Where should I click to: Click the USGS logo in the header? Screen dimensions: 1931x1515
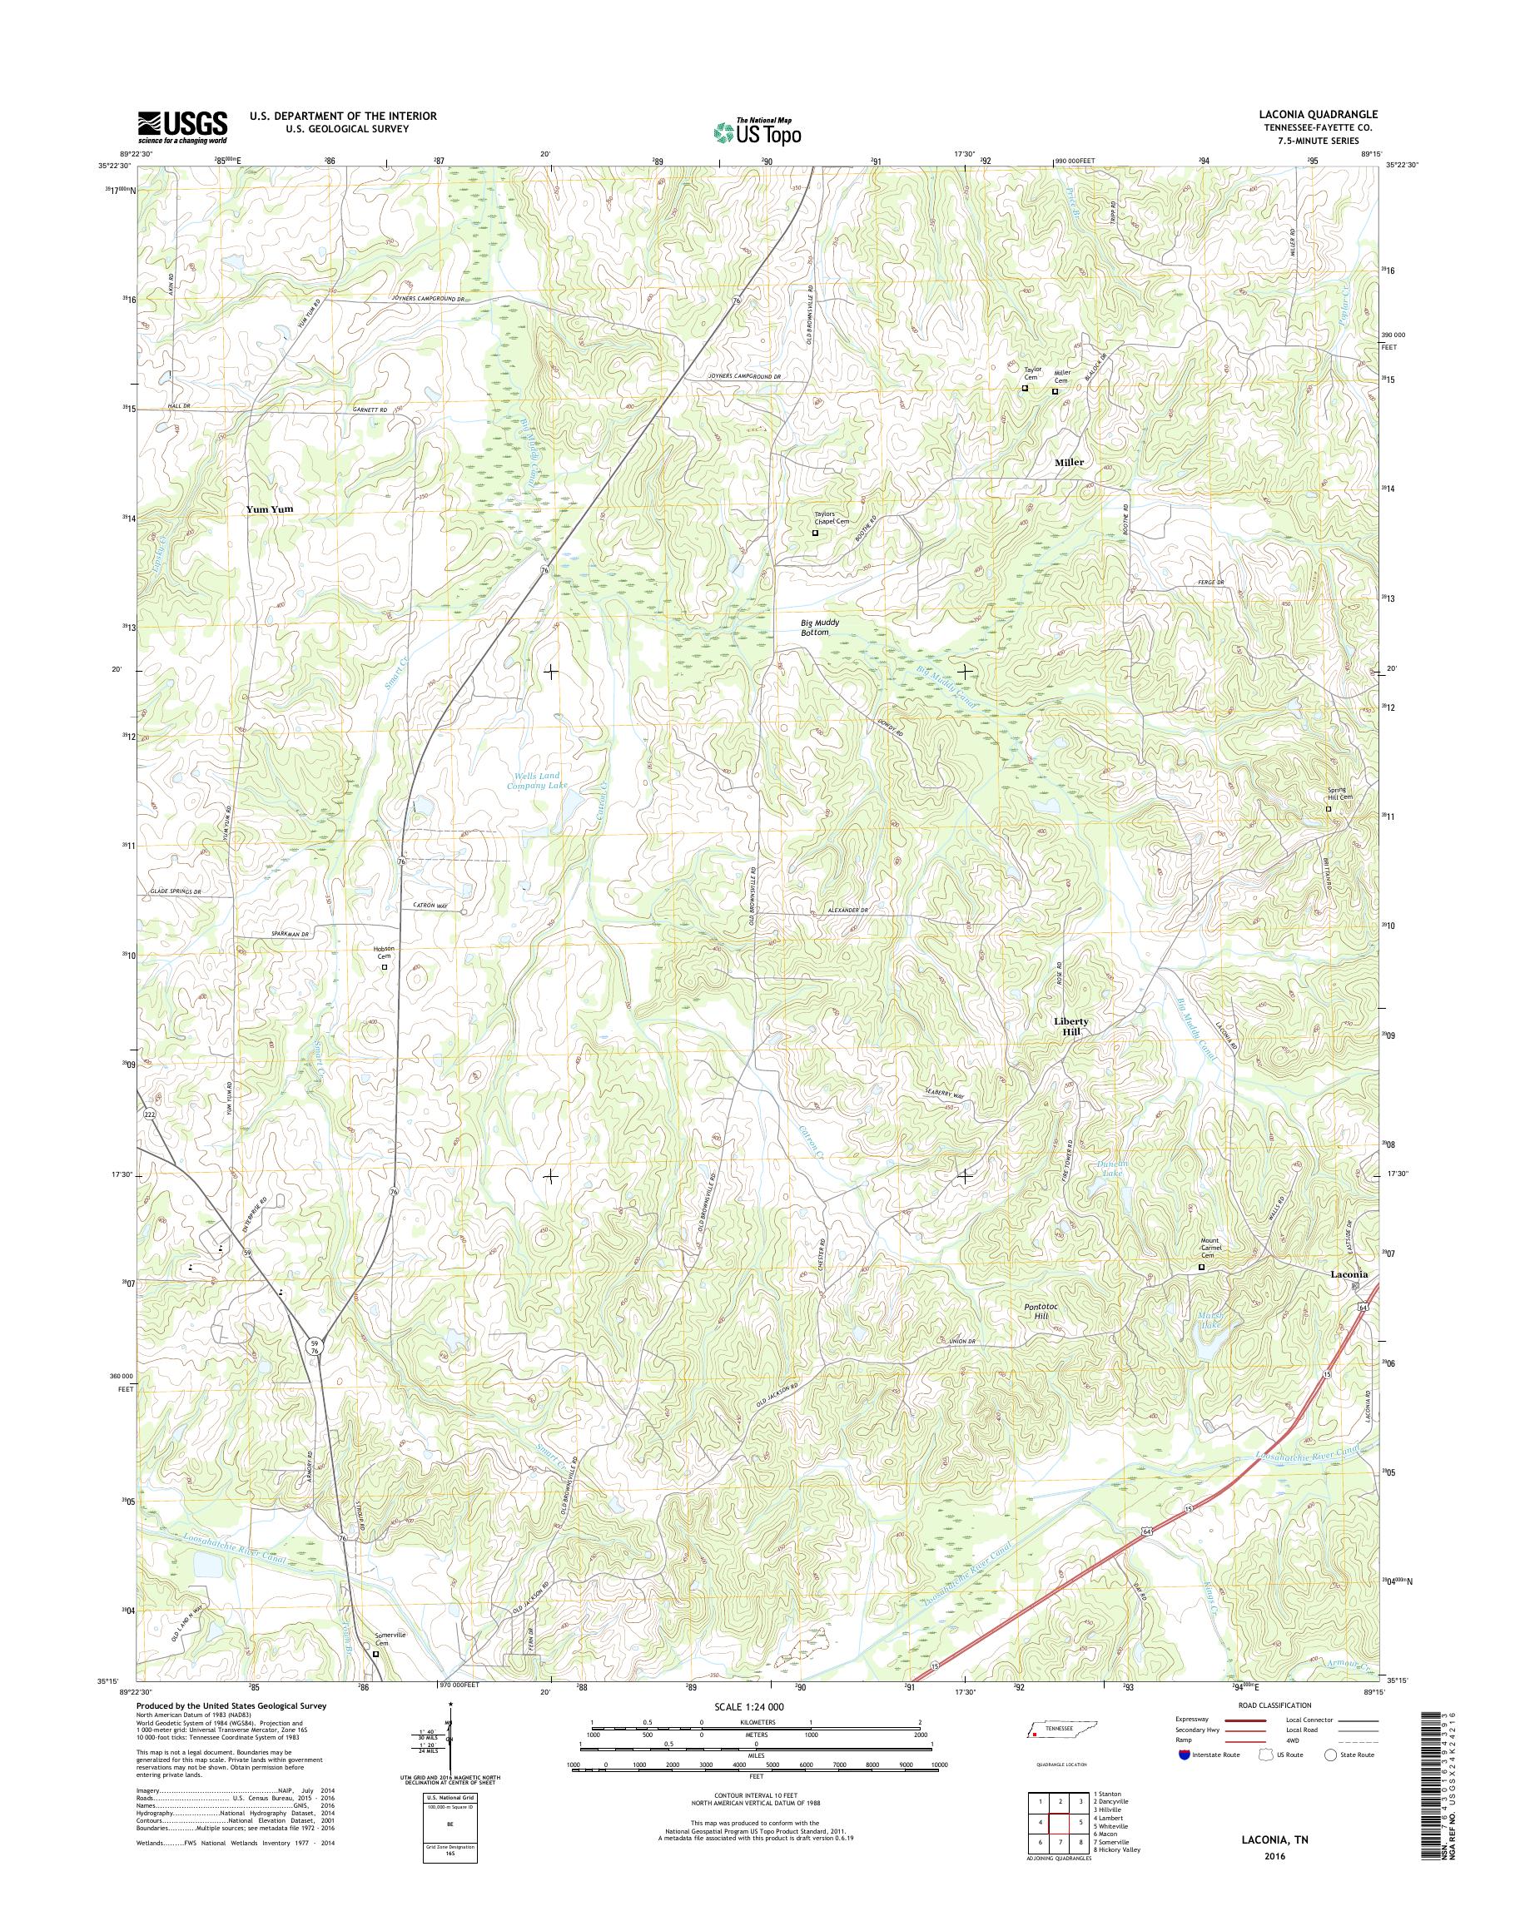(181, 127)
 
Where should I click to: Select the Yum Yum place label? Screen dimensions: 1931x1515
(270, 510)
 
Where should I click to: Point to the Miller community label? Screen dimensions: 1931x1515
(1069, 462)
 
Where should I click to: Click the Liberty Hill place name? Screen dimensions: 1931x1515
(1070, 1026)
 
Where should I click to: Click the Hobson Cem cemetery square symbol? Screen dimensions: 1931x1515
(384, 968)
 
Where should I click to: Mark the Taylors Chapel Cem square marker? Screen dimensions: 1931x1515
(815, 534)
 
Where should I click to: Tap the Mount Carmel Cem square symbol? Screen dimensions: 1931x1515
(1202, 1268)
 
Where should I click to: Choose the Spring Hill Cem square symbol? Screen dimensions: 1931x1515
(1328, 809)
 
